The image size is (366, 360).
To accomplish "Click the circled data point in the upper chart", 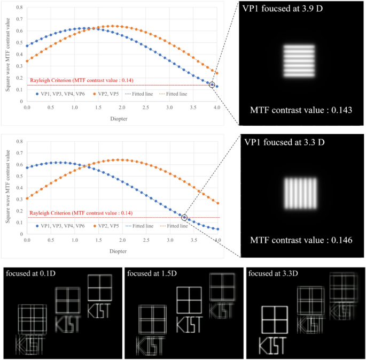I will click(x=212, y=85).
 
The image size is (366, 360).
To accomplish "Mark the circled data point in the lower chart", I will click(x=184, y=217).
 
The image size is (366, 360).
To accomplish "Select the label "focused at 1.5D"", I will click(x=151, y=274).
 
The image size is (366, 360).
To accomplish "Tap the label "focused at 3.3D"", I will click(x=273, y=274).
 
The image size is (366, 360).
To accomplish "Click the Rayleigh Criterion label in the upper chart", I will click(x=81, y=80).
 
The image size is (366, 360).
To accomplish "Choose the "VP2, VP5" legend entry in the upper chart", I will click(x=107, y=94).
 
